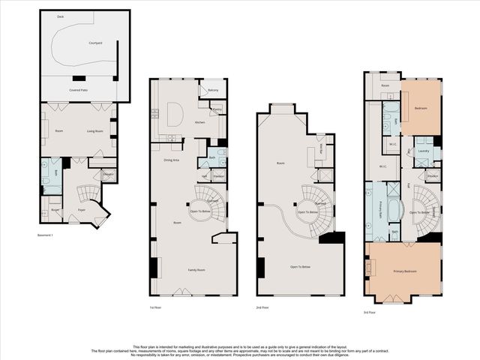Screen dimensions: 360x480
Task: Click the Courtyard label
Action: coord(94,43)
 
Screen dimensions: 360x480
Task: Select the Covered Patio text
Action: coord(79,89)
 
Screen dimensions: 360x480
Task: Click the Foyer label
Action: coord(81,210)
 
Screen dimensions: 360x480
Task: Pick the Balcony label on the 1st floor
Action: coord(213,90)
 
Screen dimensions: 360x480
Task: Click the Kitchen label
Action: coord(199,122)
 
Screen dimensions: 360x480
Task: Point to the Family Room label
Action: coord(196,269)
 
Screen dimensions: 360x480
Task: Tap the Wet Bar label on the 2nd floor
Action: coord(322,149)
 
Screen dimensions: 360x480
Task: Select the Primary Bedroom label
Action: coord(405,271)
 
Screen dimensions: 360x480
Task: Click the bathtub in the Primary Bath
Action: coord(395,209)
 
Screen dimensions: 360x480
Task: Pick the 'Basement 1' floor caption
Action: coord(46,235)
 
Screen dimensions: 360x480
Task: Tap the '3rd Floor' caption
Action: coord(370,312)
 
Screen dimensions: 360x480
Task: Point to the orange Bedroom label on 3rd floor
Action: coord(420,108)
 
